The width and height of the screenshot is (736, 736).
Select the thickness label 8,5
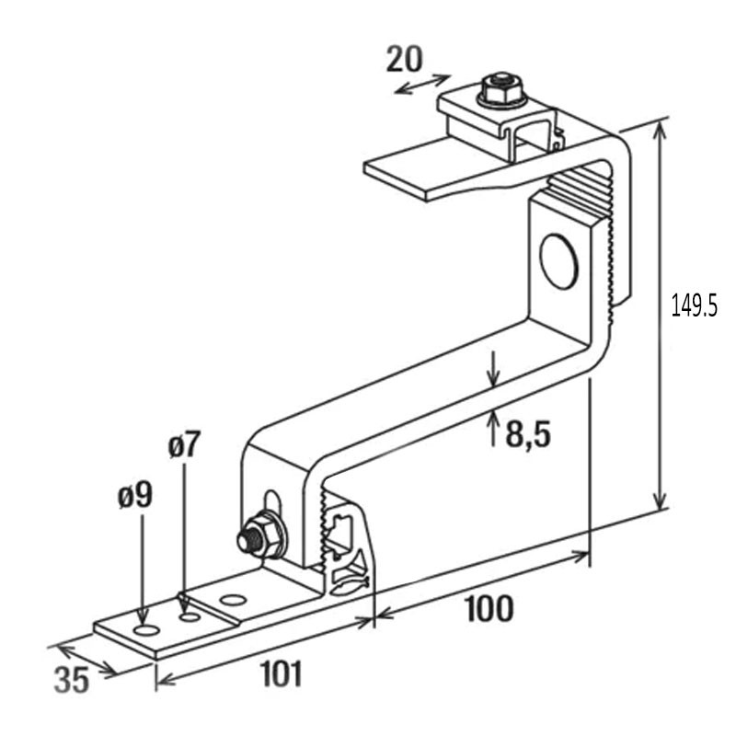coord(527,433)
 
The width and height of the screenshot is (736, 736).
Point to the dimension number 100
coord(488,609)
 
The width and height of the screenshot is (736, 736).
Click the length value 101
coord(280,675)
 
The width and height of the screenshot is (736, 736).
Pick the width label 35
coord(71,681)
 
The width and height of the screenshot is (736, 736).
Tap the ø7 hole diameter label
coord(183,447)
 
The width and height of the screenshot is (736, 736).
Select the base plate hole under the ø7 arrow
coord(190,615)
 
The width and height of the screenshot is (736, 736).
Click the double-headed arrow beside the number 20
coord(422,84)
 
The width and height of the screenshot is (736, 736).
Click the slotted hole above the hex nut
coord(271,501)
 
